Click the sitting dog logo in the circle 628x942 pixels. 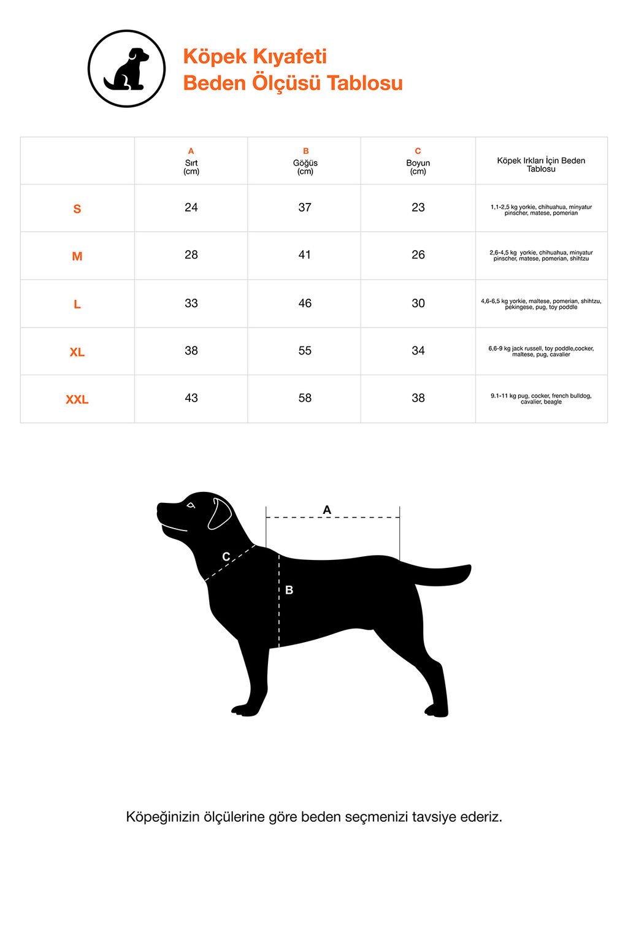(126, 69)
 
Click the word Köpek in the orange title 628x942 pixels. (215, 56)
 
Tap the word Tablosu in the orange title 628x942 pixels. (365, 83)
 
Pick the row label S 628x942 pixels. (77, 209)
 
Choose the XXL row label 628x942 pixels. (77, 399)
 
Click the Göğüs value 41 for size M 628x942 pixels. (305, 255)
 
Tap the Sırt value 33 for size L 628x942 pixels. (191, 303)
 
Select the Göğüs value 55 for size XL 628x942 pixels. (305, 351)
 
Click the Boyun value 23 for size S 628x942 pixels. (418, 207)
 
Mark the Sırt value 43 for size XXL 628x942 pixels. (191, 398)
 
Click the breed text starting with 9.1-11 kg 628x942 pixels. (541, 399)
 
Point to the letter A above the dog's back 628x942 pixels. (327, 510)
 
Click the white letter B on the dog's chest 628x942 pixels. (289, 590)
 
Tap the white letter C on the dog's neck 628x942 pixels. (226, 557)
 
